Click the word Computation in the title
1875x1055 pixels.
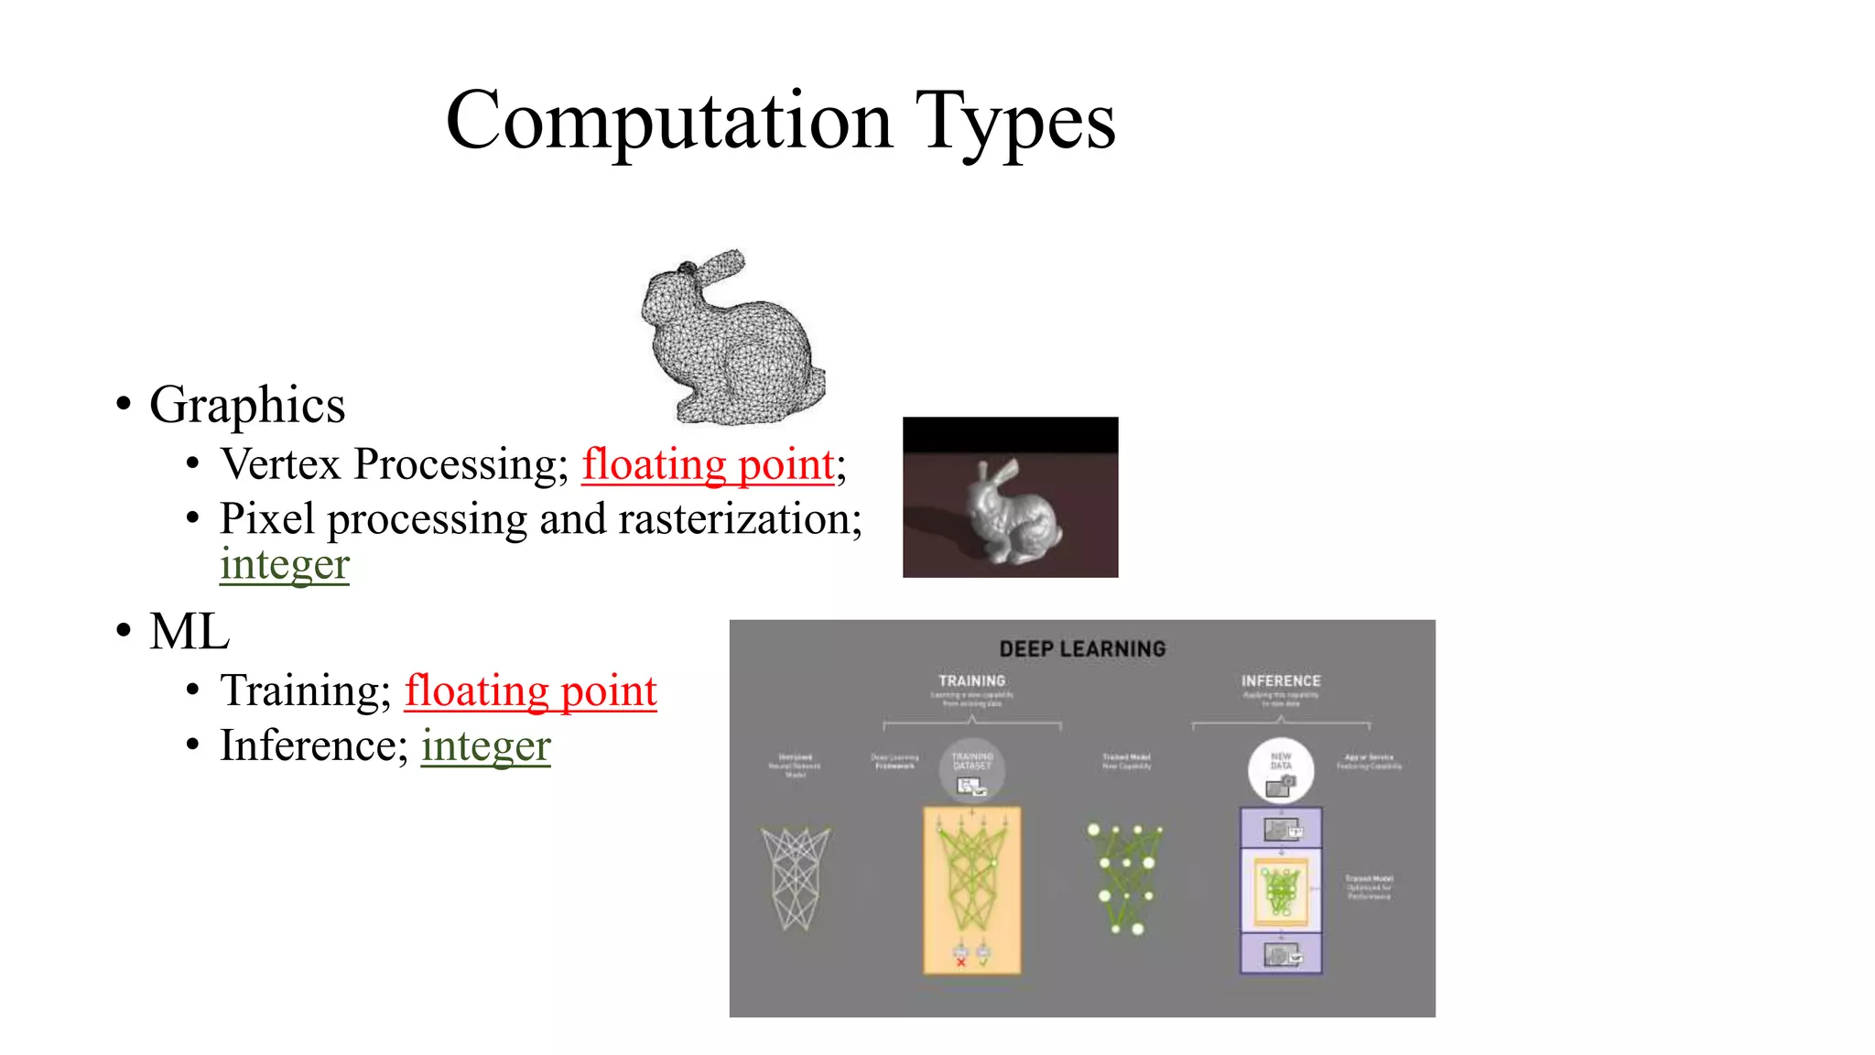[668, 121]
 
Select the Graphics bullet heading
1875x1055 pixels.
[247, 405]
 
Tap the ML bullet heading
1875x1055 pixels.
[190, 632]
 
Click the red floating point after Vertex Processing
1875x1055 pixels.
[709, 464]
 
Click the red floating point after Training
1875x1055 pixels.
[531, 691]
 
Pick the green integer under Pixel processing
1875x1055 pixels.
[285, 564]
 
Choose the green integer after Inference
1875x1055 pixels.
[486, 745]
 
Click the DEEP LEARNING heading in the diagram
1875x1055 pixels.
[1082, 649]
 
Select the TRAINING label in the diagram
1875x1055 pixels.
[971, 681]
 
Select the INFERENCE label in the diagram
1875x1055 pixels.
[1281, 681]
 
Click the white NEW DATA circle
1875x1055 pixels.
[1281, 770]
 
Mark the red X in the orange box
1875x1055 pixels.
[960, 963]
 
